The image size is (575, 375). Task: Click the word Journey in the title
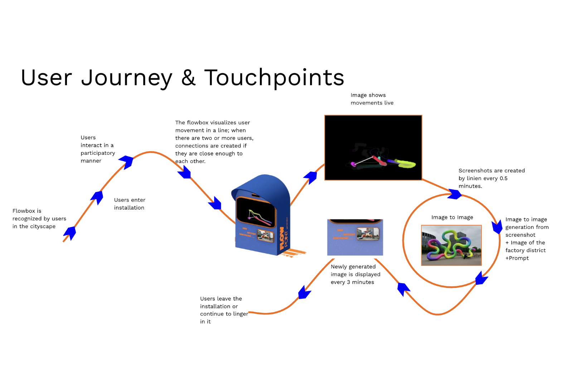pyautogui.click(x=126, y=78)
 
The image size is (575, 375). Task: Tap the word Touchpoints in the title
pyautogui.click(x=274, y=78)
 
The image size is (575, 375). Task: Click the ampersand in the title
pyautogui.click(x=188, y=78)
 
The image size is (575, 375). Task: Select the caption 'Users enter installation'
pyautogui.click(x=130, y=204)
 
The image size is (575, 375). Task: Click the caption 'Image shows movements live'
pyautogui.click(x=372, y=99)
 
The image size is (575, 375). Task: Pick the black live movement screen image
pyautogui.click(x=373, y=148)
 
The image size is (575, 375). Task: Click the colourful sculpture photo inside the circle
pyautogui.click(x=451, y=245)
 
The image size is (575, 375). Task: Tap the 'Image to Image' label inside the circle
pyautogui.click(x=452, y=217)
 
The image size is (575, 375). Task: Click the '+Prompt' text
pyautogui.click(x=517, y=258)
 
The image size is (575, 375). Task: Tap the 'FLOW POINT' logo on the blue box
pyautogui.click(x=284, y=238)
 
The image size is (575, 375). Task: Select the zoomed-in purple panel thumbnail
pyautogui.click(x=355, y=237)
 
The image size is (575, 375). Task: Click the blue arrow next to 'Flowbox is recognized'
pyautogui.click(x=69, y=233)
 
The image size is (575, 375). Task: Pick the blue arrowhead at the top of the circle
pyautogui.click(x=455, y=194)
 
